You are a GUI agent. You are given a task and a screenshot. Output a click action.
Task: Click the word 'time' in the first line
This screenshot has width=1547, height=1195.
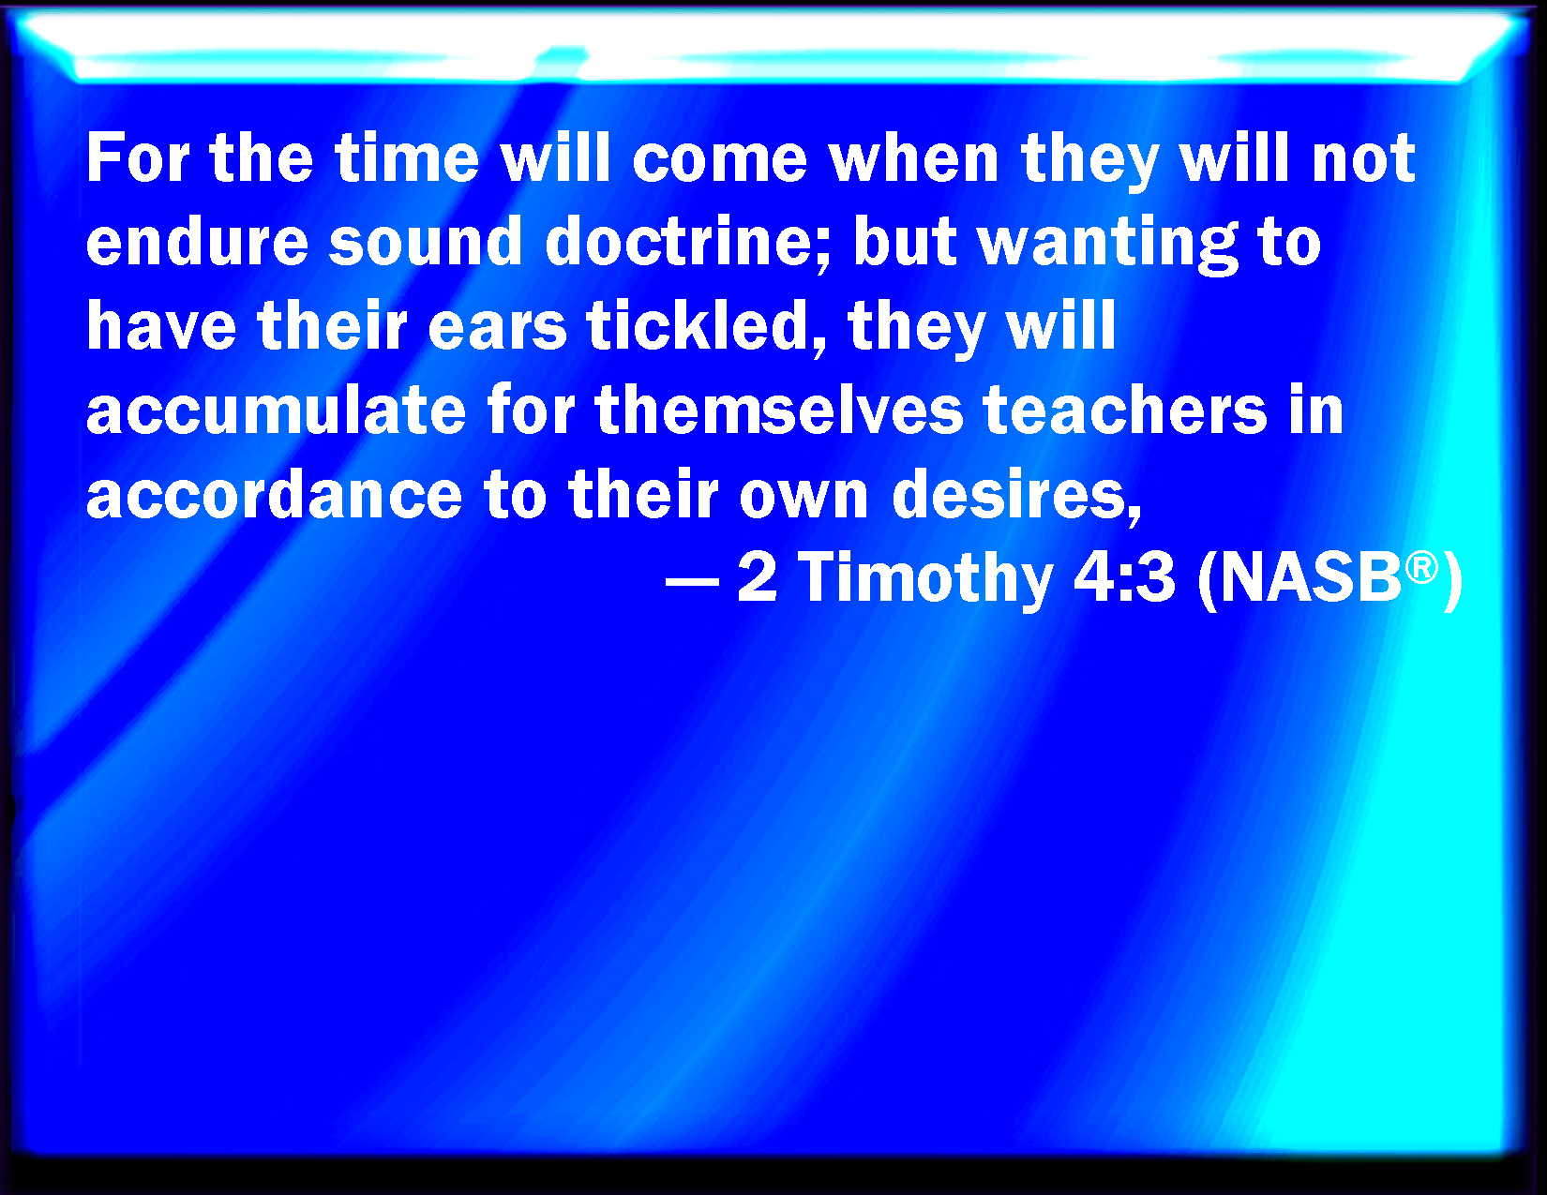tap(407, 158)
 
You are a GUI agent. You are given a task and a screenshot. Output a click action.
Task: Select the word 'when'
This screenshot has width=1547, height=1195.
tap(914, 158)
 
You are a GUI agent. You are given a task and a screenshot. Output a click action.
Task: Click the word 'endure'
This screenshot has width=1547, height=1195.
tap(197, 241)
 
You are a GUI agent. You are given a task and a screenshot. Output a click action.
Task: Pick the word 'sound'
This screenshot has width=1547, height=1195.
tap(426, 241)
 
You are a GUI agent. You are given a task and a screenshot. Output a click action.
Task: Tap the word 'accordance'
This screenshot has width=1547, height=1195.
tap(275, 494)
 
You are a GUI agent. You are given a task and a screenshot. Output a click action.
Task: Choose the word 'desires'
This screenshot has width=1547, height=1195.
tap(1016, 496)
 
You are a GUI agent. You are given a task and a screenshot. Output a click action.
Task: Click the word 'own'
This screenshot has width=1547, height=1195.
tap(804, 499)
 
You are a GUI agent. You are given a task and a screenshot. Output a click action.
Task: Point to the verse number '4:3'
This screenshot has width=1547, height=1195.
tap(1124, 578)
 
